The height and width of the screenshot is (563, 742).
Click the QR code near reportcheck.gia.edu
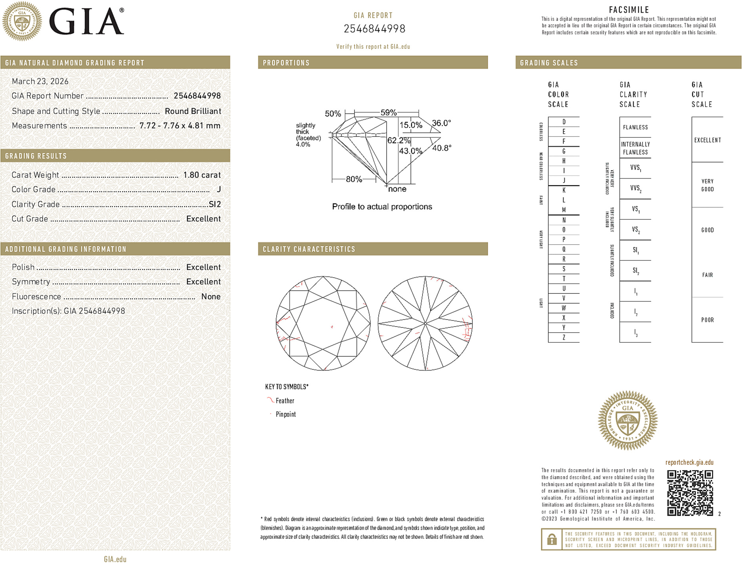[x=690, y=493]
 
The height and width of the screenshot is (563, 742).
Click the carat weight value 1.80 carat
[x=202, y=175]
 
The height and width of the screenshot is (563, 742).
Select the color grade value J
[x=219, y=190]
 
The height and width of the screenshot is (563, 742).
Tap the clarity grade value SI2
[x=214, y=204]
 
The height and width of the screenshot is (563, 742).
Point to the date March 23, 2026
[x=40, y=82]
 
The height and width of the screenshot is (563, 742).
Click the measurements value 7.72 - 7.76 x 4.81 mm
[x=180, y=126]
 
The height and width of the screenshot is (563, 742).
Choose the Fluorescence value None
[x=211, y=297]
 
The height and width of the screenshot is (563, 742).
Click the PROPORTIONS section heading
[x=286, y=63]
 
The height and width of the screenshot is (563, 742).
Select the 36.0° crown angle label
[x=441, y=123]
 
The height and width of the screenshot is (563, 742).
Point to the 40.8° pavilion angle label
[x=441, y=148]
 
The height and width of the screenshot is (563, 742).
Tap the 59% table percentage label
[x=388, y=113]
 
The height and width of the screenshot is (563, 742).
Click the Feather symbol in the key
[x=270, y=400]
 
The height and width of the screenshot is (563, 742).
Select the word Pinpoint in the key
[x=286, y=414]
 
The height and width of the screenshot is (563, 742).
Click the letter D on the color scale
[x=564, y=122]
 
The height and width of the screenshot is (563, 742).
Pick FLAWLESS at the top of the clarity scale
[x=635, y=127]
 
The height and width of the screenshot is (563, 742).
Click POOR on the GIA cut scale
[x=707, y=320]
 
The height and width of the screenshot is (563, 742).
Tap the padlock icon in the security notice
[x=551, y=539]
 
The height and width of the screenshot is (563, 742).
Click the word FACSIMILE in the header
[x=629, y=10]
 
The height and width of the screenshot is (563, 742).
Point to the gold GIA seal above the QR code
[x=628, y=420]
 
